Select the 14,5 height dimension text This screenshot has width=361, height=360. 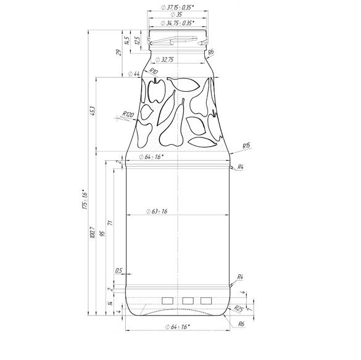[127, 41]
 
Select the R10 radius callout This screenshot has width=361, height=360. [153, 72]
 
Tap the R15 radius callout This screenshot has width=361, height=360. [246, 145]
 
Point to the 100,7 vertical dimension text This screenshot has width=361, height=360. [91, 235]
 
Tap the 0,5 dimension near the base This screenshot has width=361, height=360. [118, 270]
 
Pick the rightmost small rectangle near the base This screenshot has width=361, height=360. [205, 299]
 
